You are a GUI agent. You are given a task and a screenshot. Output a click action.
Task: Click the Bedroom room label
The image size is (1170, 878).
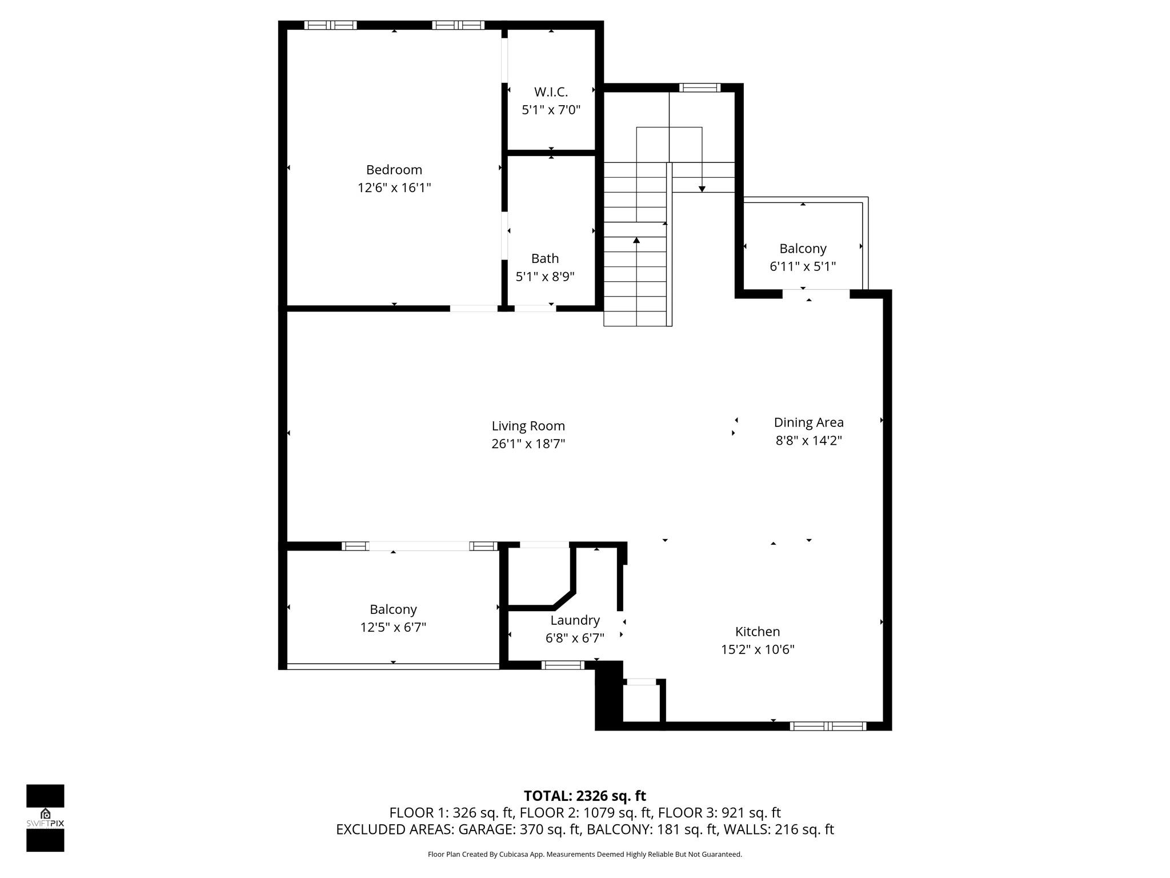394,170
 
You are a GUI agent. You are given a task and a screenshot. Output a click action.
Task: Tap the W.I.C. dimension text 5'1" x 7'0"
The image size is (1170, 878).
551,110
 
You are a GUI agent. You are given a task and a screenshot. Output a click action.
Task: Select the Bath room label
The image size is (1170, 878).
544,258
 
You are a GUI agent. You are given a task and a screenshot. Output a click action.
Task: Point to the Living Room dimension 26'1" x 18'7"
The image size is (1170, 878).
528,444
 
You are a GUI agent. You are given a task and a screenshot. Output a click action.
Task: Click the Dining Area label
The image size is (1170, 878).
808,422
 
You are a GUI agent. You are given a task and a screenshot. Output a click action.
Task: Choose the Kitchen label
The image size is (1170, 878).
757,632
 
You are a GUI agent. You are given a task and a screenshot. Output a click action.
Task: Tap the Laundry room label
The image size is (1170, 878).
575,620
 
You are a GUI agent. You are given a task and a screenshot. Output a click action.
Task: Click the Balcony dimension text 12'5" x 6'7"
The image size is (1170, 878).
393,627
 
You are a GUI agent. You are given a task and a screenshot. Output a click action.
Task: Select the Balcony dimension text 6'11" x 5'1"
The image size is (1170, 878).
803,266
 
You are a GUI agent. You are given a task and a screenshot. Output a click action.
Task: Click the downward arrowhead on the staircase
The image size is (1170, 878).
702,189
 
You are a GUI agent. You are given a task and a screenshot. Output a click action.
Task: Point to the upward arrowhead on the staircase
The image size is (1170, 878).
636,241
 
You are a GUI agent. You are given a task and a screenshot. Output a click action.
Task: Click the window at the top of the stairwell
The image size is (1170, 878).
699,88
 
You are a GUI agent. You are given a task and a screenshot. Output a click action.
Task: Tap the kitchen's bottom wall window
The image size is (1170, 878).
828,727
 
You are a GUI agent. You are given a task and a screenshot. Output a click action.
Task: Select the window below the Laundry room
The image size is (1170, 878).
563,665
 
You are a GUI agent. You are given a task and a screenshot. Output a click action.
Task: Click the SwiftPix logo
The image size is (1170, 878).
45,818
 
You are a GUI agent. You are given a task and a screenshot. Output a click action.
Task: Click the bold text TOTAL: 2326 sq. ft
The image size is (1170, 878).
584,796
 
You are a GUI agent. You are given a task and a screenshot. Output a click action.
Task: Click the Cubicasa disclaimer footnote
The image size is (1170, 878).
584,855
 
